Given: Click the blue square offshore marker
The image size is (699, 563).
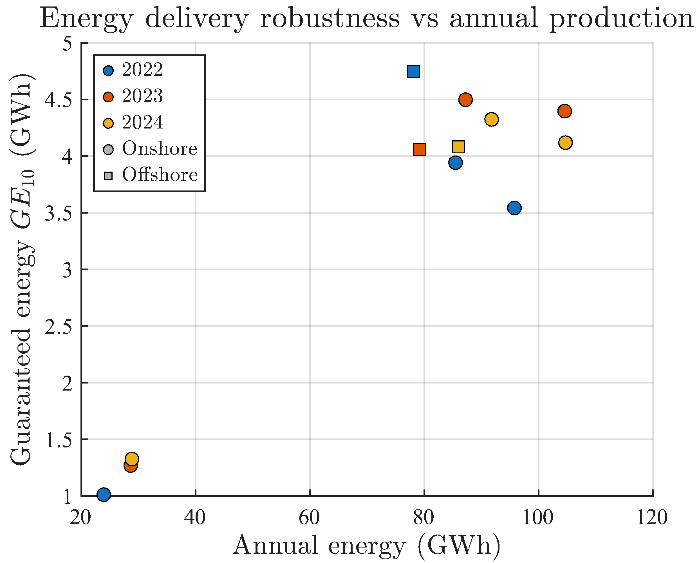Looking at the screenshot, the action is point(414,71).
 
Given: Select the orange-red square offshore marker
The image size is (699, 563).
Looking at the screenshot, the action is point(419,149).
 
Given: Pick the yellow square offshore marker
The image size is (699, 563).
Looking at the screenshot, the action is point(458,147).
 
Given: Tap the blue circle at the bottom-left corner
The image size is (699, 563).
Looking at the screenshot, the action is point(104,495).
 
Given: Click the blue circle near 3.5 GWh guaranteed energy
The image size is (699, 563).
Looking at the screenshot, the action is point(514,208).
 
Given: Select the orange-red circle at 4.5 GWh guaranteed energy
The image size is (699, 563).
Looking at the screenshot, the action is point(465,100).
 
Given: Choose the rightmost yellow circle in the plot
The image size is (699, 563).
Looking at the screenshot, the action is point(565,143).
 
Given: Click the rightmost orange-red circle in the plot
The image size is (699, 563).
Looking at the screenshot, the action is point(564,111).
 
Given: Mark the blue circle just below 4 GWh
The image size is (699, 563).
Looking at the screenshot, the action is point(456,163).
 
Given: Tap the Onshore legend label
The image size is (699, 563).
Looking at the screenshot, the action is point(160,149).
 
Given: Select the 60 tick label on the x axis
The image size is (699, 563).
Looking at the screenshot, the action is point(309,517).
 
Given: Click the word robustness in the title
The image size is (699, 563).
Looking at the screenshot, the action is point(330,19).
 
